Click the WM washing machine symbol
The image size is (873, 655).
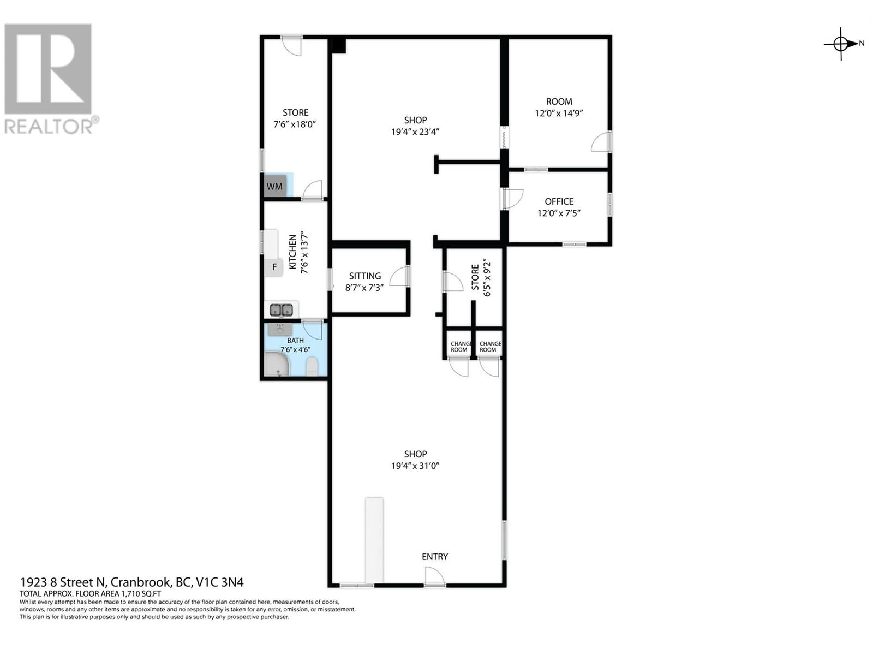click(274, 186)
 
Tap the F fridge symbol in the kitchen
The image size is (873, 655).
click(274, 267)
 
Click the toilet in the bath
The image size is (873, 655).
click(312, 366)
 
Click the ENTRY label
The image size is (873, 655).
click(434, 557)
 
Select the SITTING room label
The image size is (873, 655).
click(365, 276)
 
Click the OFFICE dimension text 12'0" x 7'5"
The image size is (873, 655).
click(559, 213)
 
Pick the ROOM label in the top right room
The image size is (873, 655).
click(559, 102)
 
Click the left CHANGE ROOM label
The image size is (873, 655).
click(459, 347)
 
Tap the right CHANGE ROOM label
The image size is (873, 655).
click(489, 347)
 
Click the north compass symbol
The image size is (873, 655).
click(841, 43)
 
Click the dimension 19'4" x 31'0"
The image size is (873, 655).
click(415, 466)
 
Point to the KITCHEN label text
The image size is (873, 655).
click(293, 252)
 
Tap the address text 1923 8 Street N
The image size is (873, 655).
click(65, 582)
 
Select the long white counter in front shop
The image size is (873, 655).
click(374, 539)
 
